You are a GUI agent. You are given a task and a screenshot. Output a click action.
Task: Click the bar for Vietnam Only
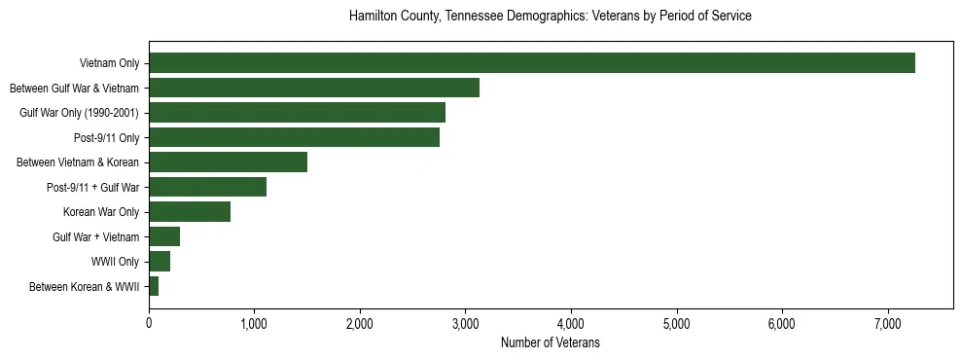coord(531,63)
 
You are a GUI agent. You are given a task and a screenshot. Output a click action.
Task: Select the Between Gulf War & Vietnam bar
coord(314,88)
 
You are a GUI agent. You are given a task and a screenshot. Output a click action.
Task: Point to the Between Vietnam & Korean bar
coord(228,162)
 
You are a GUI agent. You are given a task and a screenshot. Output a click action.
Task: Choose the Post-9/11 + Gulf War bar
coord(207,187)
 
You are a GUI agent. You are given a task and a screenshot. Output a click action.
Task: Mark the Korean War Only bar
coord(190,212)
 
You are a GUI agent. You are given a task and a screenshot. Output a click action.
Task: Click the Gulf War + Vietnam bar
coord(164,236)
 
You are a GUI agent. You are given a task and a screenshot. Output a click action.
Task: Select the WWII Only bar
coord(160,262)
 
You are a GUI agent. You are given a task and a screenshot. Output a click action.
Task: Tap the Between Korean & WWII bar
coord(154,286)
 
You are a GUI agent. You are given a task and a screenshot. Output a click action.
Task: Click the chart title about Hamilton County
coord(550,17)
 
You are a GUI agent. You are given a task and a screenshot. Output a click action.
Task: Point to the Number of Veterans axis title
coord(550,343)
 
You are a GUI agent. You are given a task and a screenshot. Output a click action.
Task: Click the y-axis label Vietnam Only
coord(110,64)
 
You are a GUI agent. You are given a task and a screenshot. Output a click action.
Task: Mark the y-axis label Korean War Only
coord(102,212)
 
